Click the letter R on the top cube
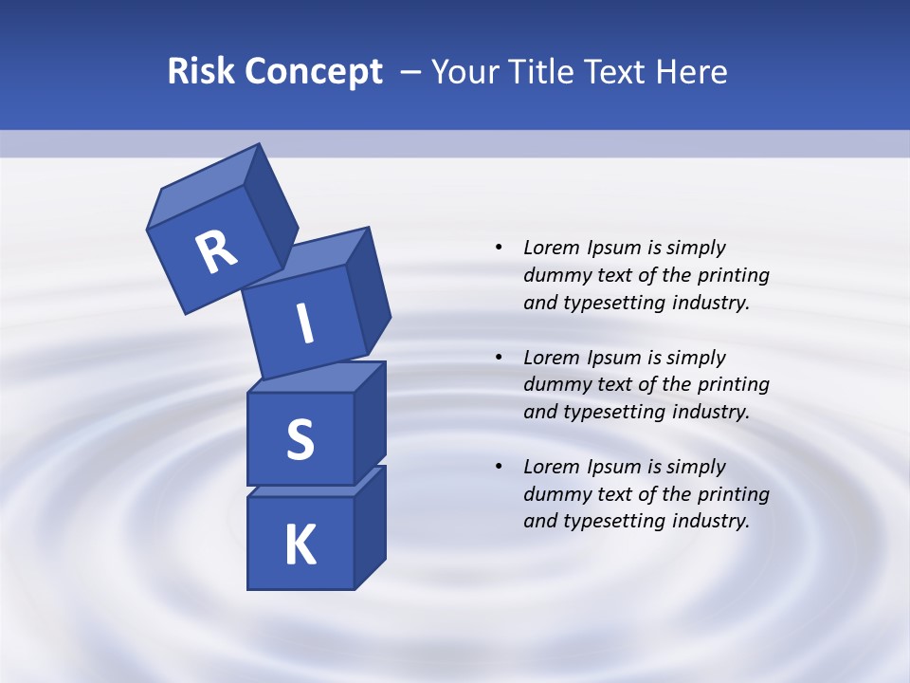(x=216, y=252)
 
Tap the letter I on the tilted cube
(x=305, y=323)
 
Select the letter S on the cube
(x=300, y=439)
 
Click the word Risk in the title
(x=202, y=71)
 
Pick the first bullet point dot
(x=499, y=248)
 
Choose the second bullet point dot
(x=499, y=358)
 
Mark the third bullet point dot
(x=499, y=467)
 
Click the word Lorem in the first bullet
(x=551, y=248)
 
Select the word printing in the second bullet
(x=733, y=384)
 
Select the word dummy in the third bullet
(x=552, y=494)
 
